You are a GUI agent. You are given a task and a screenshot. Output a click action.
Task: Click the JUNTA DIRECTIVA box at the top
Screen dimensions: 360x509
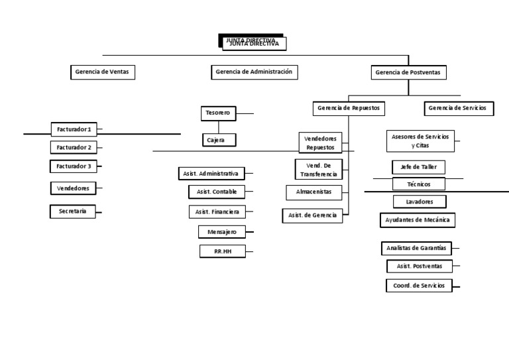point(253,43)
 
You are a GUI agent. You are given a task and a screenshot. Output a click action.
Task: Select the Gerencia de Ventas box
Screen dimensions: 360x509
point(103,72)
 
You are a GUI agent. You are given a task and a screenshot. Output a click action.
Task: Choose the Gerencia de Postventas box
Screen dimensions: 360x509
point(408,72)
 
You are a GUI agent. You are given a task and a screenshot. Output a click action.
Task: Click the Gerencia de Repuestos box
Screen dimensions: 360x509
point(349,107)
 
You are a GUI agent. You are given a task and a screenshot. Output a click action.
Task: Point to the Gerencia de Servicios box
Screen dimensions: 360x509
point(457,107)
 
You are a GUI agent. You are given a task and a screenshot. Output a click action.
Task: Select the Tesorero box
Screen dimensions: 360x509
point(218,113)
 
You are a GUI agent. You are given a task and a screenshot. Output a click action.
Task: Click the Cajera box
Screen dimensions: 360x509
point(218,140)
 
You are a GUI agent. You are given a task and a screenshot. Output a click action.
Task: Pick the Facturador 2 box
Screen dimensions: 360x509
point(74,147)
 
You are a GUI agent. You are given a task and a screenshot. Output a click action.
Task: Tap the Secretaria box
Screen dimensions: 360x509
point(73,211)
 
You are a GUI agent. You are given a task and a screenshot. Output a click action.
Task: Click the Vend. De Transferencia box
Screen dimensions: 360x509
point(319,169)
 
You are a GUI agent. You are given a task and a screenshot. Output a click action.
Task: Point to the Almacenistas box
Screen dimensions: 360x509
point(314,192)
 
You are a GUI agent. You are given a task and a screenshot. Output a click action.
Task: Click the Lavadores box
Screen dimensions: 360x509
point(419,201)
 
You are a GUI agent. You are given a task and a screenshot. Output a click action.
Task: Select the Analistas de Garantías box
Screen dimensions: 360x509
point(416,249)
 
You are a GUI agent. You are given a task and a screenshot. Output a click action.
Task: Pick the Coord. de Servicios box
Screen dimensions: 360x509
point(419,286)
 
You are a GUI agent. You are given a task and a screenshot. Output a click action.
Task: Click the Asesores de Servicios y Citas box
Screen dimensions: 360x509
point(420,141)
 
